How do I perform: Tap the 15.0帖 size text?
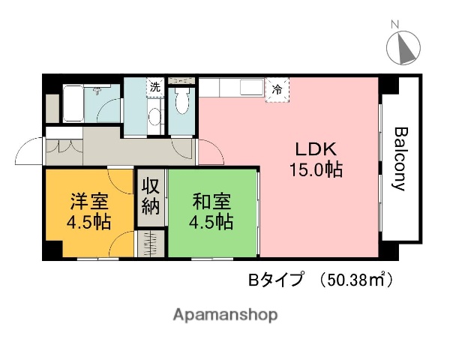point(316,170)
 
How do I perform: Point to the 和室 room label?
point(212,201)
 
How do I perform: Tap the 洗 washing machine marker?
point(154,87)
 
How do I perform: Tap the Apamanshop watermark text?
point(225,313)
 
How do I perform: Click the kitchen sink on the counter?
point(248,88)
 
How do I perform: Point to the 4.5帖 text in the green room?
point(212,223)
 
